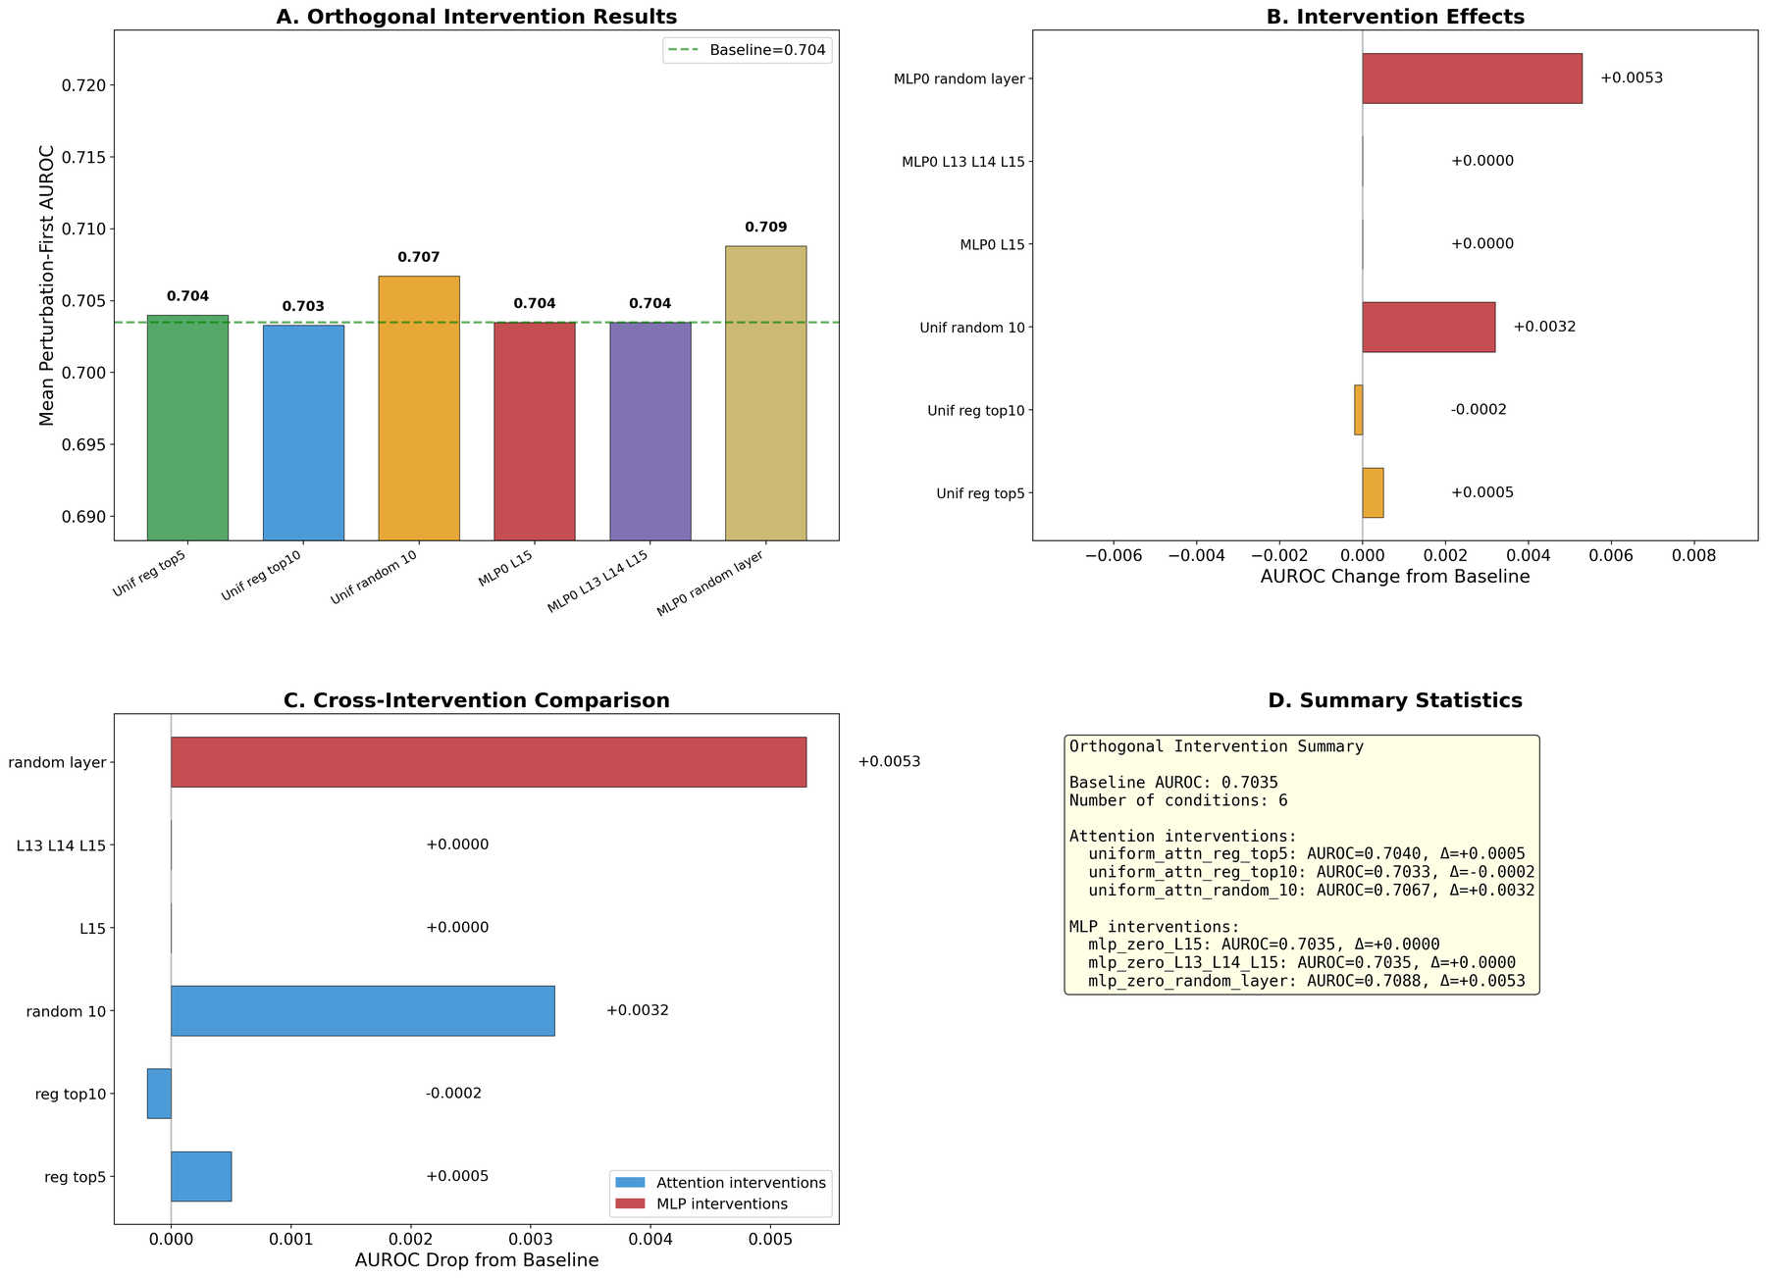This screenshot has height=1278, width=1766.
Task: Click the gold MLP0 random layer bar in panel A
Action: pos(765,392)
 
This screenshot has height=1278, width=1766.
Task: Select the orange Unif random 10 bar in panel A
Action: pos(419,407)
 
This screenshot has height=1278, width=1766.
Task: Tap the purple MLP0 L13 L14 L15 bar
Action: pos(649,431)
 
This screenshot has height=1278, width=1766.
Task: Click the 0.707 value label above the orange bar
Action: pos(419,257)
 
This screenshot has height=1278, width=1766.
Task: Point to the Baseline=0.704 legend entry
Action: pos(748,49)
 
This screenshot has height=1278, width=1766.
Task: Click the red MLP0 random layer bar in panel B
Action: pos(1472,78)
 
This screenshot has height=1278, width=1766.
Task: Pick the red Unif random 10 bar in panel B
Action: pos(1428,327)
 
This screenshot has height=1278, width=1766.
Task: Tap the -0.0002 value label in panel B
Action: pos(1478,410)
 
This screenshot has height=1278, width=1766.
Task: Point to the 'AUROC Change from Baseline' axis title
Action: pos(1394,577)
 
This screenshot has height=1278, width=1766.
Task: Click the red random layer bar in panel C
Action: pos(489,762)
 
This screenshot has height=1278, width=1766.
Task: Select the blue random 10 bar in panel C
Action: pos(363,1010)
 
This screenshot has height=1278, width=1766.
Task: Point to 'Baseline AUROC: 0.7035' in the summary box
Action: pos(1173,783)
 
